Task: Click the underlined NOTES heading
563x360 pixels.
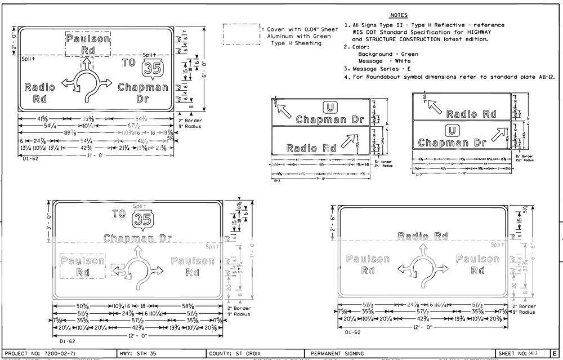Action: click(399, 15)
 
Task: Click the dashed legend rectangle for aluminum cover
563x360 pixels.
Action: click(240, 34)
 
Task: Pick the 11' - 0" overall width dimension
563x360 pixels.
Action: click(95, 155)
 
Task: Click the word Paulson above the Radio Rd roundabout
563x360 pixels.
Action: click(88, 39)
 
